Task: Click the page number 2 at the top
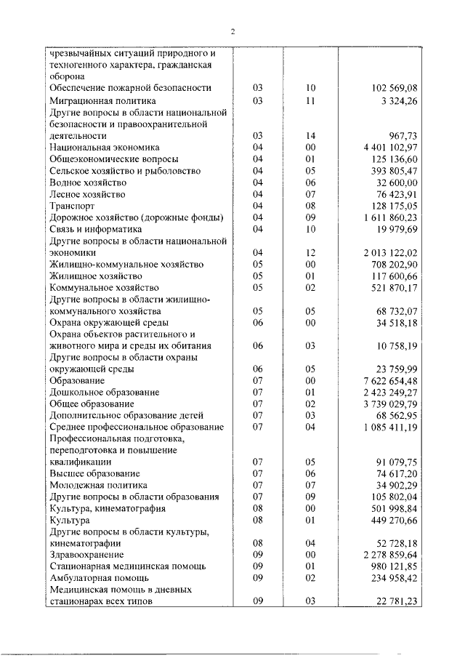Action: pos(232,31)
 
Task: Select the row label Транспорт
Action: pos(70,206)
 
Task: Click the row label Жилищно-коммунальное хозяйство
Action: pos(126,265)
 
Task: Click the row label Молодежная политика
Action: pos(98,485)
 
